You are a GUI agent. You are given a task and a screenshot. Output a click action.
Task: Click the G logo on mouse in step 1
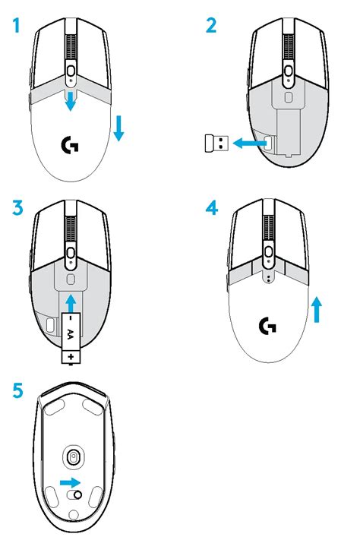pos(69,145)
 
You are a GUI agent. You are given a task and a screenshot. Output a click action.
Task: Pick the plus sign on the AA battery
pos(70,355)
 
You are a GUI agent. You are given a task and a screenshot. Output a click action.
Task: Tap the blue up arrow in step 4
pos(317,309)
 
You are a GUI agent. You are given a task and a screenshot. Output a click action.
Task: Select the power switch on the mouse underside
pos(74,494)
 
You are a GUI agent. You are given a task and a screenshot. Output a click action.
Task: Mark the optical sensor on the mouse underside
pos(74,457)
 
